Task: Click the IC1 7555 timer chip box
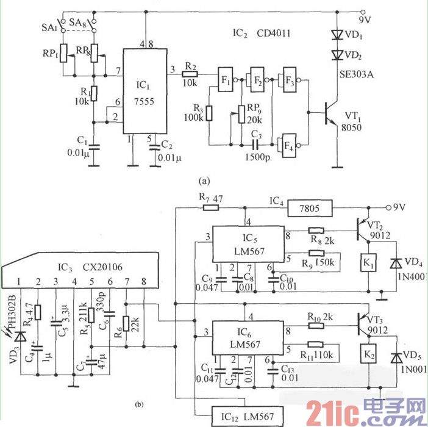tap(144, 91)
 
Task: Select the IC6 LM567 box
tap(247, 337)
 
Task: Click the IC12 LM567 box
tap(247, 416)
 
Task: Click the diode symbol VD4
tap(398, 263)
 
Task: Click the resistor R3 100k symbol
tap(209, 113)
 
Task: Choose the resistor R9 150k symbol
tap(317, 253)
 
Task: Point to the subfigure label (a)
tap(204, 181)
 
